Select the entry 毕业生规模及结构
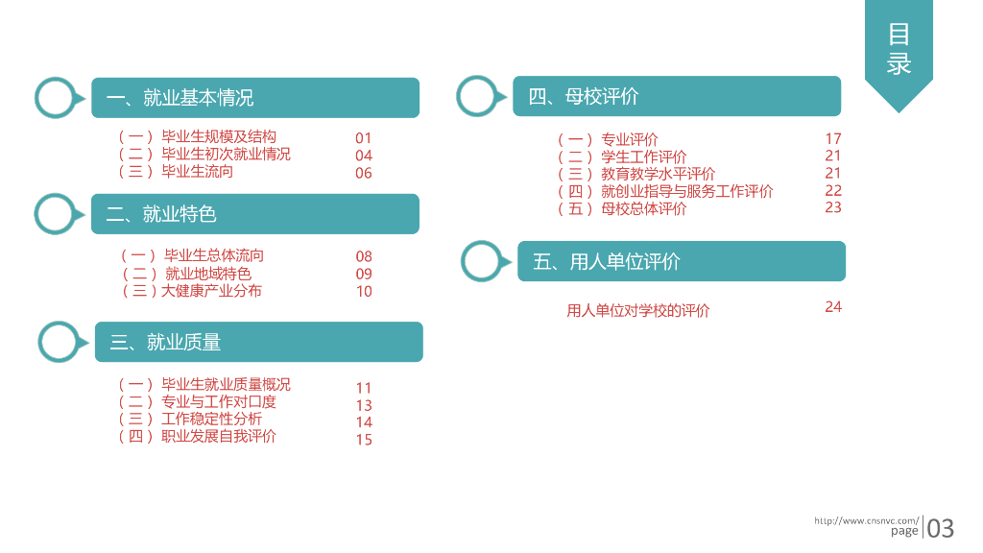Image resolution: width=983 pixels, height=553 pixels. (x=218, y=137)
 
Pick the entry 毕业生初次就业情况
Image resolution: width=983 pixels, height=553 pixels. (x=226, y=155)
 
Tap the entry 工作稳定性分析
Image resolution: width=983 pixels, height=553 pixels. (x=211, y=419)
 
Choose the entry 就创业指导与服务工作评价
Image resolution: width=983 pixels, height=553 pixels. (x=686, y=191)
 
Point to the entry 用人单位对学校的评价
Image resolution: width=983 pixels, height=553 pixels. (x=638, y=311)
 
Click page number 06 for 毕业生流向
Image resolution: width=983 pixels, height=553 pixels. (x=363, y=173)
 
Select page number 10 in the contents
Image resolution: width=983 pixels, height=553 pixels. (x=364, y=291)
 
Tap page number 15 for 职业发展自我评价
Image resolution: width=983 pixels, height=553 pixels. (x=364, y=440)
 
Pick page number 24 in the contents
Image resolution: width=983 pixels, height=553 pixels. (x=833, y=307)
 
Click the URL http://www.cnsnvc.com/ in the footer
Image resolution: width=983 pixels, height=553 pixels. (x=866, y=520)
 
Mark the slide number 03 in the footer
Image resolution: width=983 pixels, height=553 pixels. (x=941, y=528)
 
